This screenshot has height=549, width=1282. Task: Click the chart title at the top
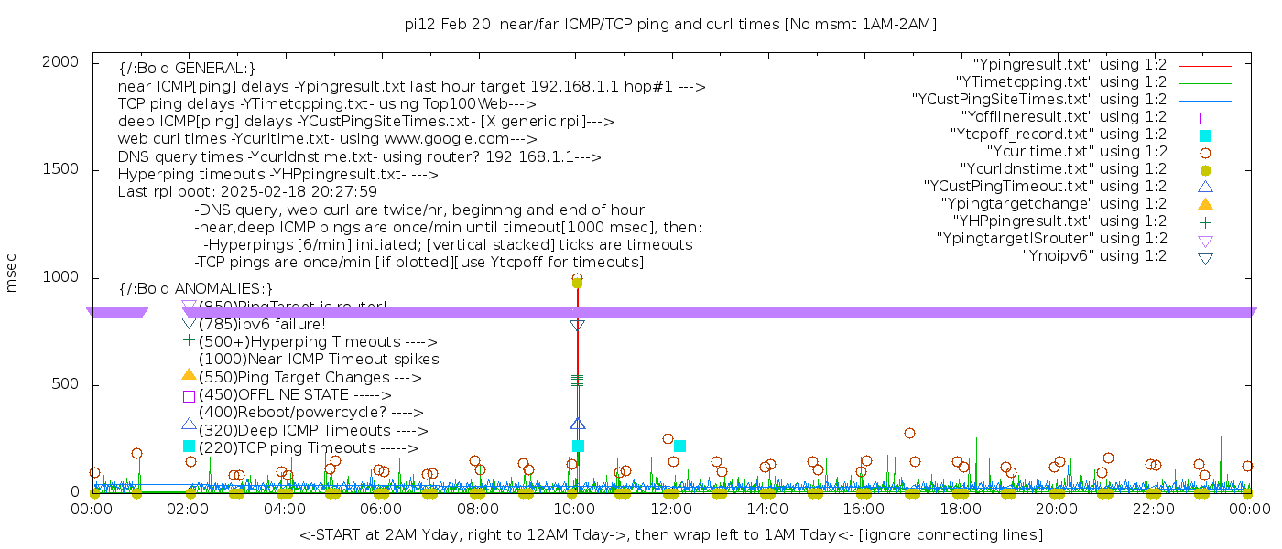(x=670, y=24)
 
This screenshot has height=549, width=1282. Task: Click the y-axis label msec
(x=12, y=276)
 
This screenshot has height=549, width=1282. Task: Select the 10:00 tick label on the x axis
(x=574, y=509)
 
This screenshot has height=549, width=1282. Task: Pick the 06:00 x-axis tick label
(x=381, y=509)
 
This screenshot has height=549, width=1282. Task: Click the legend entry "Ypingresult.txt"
(x=1070, y=64)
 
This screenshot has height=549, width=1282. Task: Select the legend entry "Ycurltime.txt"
(x=1076, y=151)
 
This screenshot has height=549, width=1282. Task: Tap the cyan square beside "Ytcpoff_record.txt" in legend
(x=1205, y=135)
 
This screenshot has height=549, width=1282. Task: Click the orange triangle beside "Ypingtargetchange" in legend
(x=1205, y=203)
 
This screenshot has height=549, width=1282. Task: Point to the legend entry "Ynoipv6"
(x=1094, y=255)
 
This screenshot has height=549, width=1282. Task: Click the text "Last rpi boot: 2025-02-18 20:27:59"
(x=247, y=192)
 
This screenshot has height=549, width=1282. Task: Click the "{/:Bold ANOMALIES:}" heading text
(x=196, y=288)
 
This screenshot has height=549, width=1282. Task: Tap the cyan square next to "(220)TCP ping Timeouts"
(x=189, y=447)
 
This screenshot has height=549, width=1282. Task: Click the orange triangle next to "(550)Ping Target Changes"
(x=189, y=374)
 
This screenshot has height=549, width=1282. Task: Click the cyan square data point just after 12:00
(x=679, y=446)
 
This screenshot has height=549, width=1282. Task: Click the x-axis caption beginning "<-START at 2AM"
(x=670, y=534)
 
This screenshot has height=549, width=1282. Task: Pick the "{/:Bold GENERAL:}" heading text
(x=187, y=69)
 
